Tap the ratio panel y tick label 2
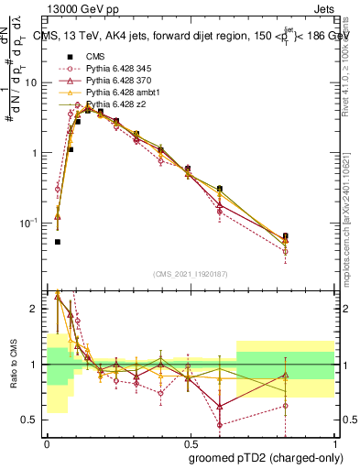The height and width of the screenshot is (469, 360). click(x=36, y=309)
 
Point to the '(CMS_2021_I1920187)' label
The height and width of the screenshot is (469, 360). click(x=191, y=274)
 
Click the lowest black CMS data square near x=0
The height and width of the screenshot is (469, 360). click(x=58, y=242)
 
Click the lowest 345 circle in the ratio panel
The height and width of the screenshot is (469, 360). click(x=220, y=424)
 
